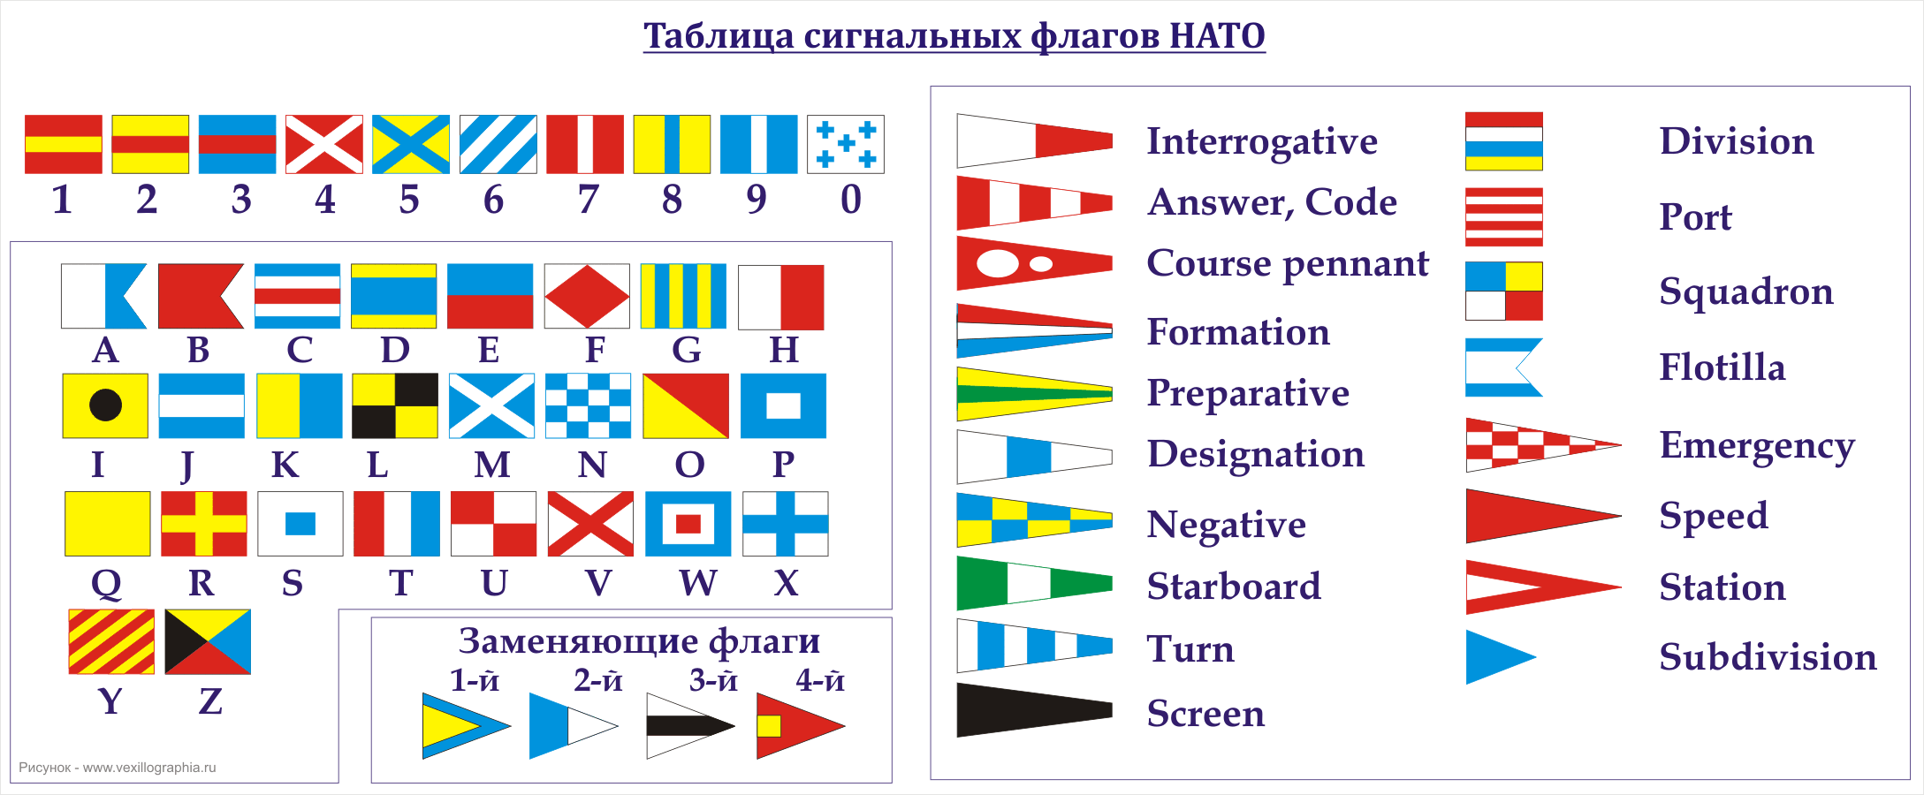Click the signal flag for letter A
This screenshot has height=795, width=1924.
104,296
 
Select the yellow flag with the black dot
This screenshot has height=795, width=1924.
105,405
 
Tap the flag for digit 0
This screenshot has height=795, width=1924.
846,144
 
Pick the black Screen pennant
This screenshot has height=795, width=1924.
1034,709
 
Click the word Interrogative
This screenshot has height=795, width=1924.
1262,142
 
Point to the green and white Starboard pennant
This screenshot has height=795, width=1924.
1034,583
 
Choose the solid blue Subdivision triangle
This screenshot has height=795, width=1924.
1501,657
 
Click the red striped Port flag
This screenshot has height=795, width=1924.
1504,216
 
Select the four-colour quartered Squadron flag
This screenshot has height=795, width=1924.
1504,291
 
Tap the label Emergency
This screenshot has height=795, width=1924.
1757,447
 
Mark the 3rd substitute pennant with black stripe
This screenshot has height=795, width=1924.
690,726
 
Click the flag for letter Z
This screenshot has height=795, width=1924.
208,641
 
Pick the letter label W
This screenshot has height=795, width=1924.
698,583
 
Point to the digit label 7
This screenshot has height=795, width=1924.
589,200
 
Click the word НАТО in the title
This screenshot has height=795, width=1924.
1217,36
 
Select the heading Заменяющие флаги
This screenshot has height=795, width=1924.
639,640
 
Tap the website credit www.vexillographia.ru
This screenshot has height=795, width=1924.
149,768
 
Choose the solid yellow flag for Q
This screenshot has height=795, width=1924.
107,524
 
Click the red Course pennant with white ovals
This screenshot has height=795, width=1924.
1034,263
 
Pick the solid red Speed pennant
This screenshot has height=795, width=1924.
1543,516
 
